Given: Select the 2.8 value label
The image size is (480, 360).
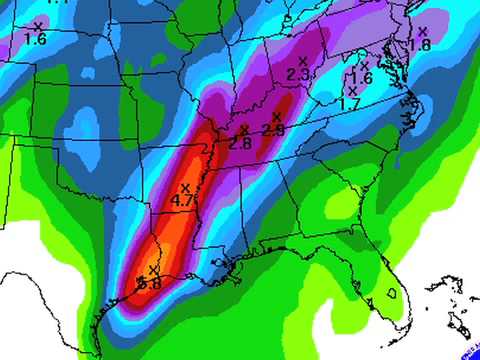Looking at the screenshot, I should point(240,143).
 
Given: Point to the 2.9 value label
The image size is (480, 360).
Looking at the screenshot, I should point(273,130).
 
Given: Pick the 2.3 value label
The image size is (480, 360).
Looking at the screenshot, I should point(297,75).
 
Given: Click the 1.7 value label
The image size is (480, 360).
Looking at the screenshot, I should point(350,103).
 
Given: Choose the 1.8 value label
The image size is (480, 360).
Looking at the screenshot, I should point(419,45).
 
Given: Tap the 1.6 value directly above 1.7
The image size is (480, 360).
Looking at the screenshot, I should point(360,78).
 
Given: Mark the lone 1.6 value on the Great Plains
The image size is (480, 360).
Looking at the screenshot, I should point(35,40).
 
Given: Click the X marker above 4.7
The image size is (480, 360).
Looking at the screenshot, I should point(185,188).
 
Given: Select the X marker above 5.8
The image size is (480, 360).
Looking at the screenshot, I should point(153,270).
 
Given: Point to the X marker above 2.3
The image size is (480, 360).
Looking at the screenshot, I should point(302,62).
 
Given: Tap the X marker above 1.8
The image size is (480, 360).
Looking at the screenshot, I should point(422,31).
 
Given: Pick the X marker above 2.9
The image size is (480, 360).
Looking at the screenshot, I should point(276,117).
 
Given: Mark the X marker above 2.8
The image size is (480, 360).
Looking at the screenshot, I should point(244,130).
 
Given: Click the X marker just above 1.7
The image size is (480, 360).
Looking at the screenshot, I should point(352,91).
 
